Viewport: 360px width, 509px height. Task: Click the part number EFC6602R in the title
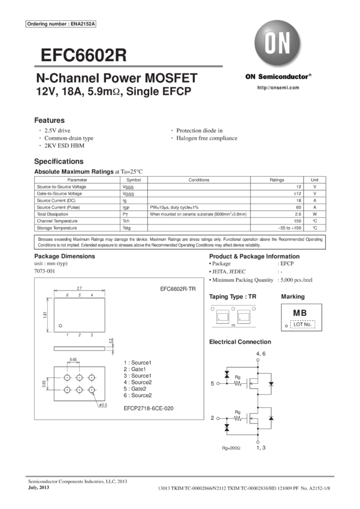tap(84, 54)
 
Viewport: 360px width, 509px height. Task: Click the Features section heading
tap(49, 120)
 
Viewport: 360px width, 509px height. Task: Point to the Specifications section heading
tap(59, 162)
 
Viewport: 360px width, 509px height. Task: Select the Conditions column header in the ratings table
tap(199, 179)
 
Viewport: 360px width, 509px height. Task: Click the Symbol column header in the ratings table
tap(134, 179)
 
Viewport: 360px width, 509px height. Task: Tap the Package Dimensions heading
tap(64, 256)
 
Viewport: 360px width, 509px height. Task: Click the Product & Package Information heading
tap(254, 256)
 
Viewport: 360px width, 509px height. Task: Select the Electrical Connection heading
tap(240, 341)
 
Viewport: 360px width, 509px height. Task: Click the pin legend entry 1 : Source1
tap(137, 362)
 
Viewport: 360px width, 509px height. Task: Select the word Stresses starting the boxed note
tap(46, 240)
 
